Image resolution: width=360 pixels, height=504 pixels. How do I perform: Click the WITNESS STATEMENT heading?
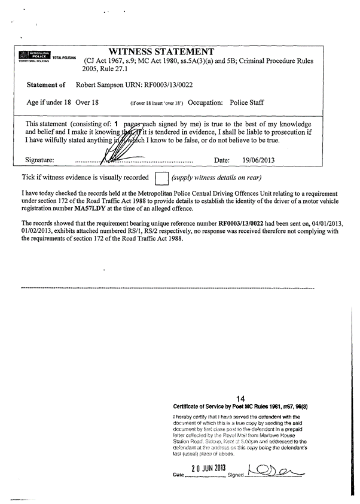click(x=161, y=51)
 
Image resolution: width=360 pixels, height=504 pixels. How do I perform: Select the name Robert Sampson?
click(x=100, y=86)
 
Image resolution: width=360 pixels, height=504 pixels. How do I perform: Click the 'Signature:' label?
click(x=40, y=160)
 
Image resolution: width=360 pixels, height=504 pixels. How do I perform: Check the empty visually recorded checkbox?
click(x=160, y=178)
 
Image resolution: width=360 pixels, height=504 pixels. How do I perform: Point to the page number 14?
click(x=241, y=398)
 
